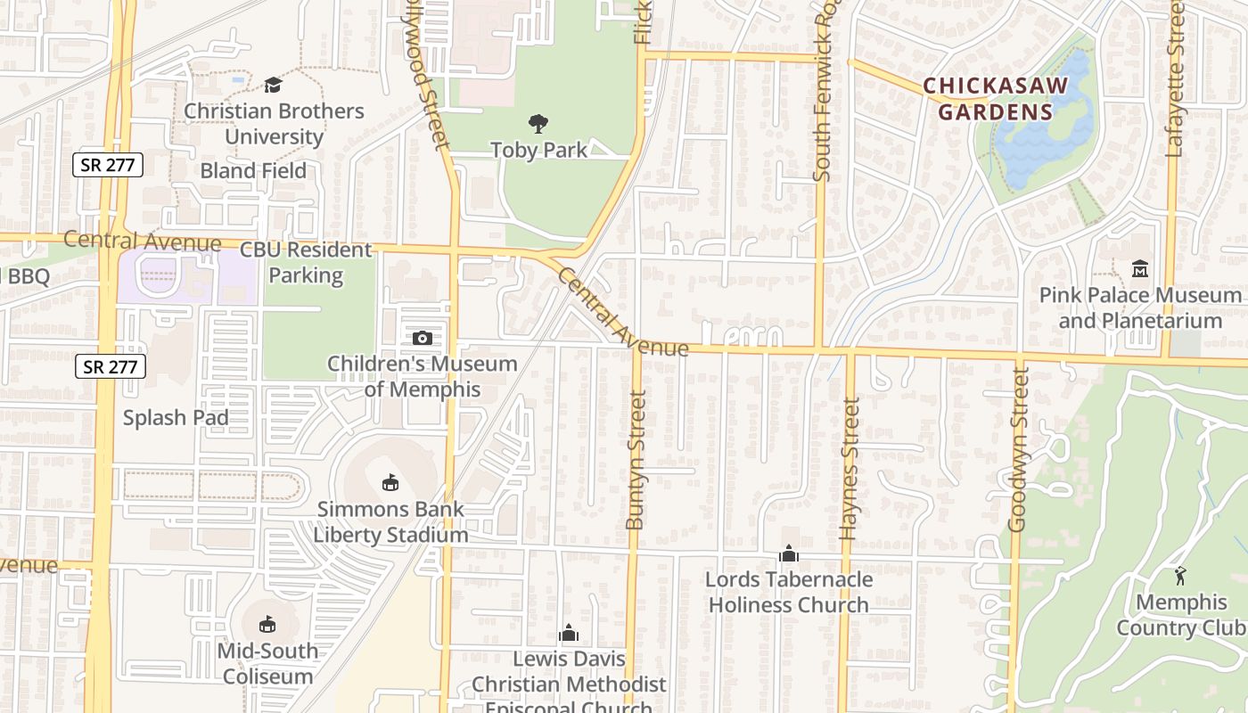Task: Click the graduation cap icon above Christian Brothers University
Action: [273, 85]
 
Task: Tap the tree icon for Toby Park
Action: [538, 124]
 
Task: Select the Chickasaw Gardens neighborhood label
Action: [995, 99]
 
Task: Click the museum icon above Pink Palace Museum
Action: [1139, 268]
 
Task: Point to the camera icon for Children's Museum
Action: [423, 338]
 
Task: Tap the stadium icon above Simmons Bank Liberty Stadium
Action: [390, 483]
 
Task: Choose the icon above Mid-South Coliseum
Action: [267, 624]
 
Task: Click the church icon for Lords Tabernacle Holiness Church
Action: [788, 554]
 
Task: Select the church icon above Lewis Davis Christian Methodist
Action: [569, 634]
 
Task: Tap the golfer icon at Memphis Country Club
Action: [1180, 576]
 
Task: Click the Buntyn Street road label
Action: [635, 460]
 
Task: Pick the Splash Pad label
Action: [176, 417]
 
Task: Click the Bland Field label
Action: [253, 170]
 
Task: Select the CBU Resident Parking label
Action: [306, 263]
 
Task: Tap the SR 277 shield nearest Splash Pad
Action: [110, 365]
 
